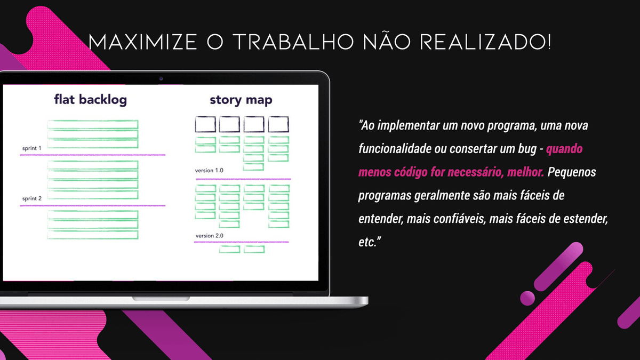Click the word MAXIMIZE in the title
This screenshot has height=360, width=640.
pyautogui.click(x=142, y=42)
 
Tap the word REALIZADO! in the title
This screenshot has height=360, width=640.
pyautogui.click(x=485, y=42)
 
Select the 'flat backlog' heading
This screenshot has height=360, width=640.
pyautogui.click(x=90, y=99)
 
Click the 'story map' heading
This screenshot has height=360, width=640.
pyautogui.click(x=241, y=100)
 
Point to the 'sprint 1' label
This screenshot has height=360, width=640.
pyautogui.click(x=31, y=148)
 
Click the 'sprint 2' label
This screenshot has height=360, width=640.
pyautogui.click(x=31, y=198)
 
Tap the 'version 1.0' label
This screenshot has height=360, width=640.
pyautogui.click(x=209, y=170)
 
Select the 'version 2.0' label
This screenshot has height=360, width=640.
pyautogui.click(x=210, y=236)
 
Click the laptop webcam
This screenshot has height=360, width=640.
pyautogui.click(x=161, y=78)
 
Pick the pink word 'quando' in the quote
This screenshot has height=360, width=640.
pyautogui.click(x=564, y=149)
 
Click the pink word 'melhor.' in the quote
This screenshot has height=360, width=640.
pyautogui.click(x=525, y=172)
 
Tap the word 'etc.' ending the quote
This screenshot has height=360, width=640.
pyautogui.click(x=370, y=242)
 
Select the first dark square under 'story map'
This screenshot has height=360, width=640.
pyautogui.click(x=205, y=124)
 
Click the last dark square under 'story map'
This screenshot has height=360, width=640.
pyautogui.click(x=278, y=124)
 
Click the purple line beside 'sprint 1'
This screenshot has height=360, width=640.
pyautogui.click(x=93, y=155)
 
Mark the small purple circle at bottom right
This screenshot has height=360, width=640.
pyautogui.click(x=527, y=298)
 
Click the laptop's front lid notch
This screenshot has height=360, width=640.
pyautogui.click(x=161, y=299)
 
